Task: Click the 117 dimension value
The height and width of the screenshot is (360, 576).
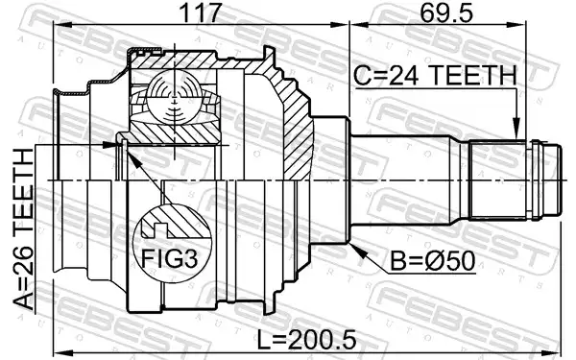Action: coord(201,12)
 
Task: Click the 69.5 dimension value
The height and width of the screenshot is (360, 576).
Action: coord(446,12)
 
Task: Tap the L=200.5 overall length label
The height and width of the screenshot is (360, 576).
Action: coord(307,340)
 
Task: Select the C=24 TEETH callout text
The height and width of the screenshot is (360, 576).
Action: coord(435,75)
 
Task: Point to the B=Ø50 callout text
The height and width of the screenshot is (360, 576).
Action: coord(432,261)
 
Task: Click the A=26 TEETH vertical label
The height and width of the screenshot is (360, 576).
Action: coord(23,229)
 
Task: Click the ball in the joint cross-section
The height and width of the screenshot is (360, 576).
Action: coord(174,98)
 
